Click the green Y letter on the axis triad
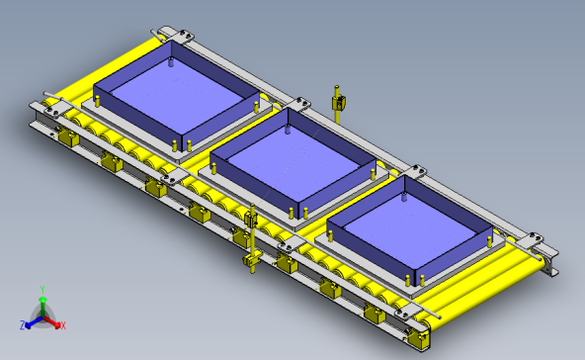click(42, 289)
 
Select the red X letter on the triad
click(62, 325)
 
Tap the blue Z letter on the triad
click(22, 324)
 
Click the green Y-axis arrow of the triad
click(42, 302)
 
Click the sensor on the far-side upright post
click(338, 101)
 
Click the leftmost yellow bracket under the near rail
click(68, 138)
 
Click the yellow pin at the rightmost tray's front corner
click(408, 280)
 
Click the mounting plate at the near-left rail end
click(47, 108)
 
